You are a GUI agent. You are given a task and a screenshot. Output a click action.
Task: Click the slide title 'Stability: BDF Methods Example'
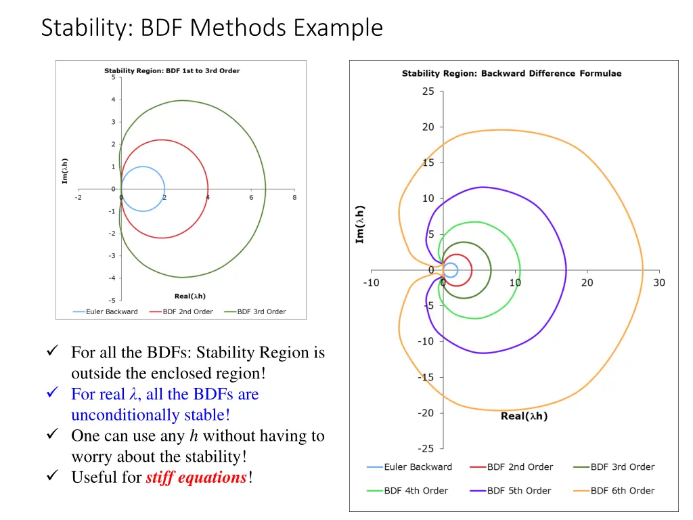tap(212, 28)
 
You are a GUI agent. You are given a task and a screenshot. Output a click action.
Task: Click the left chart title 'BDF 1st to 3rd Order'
tap(172, 70)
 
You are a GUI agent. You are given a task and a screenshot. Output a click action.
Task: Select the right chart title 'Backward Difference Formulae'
tap(512, 73)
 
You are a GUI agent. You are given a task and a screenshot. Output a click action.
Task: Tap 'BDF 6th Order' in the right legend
tap(623, 491)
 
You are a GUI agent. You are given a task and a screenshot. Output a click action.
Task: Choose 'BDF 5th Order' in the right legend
tap(519, 491)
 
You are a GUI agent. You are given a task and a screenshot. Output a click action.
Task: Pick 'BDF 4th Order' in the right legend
tap(416, 491)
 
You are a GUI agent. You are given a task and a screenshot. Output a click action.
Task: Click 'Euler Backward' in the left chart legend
tap(112, 311)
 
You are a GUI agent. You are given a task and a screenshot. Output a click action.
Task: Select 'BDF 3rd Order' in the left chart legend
tap(261, 311)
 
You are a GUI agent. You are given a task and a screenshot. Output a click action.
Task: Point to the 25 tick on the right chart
tap(428, 91)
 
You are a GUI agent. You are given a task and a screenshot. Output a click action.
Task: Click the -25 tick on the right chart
tap(426, 448)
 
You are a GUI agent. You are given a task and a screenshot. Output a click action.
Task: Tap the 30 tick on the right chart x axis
tap(658, 282)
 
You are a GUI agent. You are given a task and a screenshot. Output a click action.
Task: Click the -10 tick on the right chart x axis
tap(371, 282)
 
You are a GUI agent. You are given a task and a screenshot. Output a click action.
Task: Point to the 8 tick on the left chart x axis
tap(294, 198)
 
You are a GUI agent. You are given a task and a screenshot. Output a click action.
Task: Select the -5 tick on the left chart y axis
tap(112, 300)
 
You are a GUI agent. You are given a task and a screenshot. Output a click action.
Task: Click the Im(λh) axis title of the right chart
tap(359, 224)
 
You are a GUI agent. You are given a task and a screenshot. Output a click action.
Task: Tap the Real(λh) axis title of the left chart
tap(189, 296)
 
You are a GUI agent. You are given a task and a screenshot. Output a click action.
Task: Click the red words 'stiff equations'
tap(196, 477)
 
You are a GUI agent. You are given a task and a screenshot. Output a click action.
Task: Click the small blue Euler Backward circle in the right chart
tap(450, 270)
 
